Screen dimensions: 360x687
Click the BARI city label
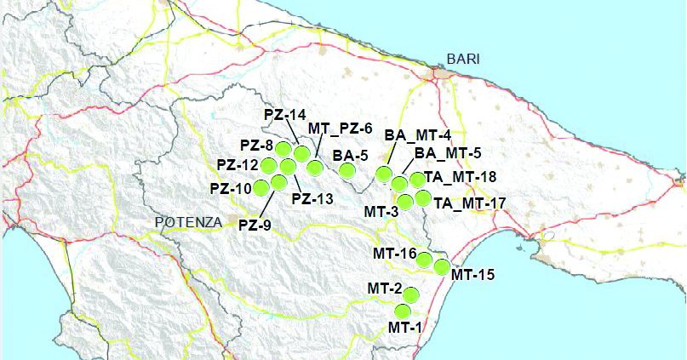coord(463,60)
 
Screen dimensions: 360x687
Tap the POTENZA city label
coord(188,222)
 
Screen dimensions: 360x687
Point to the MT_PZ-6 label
coord(340,129)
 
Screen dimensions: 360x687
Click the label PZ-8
coord(256,145)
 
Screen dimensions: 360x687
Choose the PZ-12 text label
coord(238,164)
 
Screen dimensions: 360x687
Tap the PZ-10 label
coord(231,187)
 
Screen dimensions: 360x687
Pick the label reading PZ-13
coord(312,199)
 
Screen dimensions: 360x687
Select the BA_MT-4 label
coord(417,135)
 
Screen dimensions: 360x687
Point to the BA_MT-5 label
coord(447,154)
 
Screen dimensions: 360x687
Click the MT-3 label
coord(381,209)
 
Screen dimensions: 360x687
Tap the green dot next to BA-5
coord(347,171)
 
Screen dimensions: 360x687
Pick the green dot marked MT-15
coord(442,267)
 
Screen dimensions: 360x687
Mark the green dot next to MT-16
coord(425,259)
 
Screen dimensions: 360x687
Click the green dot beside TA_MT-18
coord(417,180)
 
